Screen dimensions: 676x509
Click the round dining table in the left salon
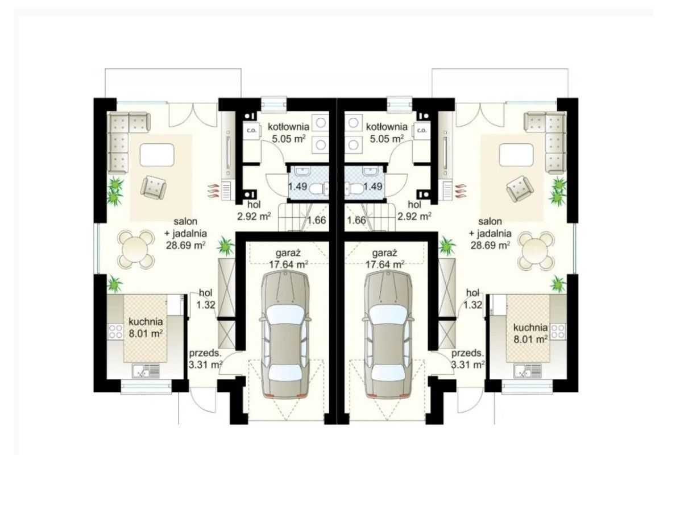pos(136,249)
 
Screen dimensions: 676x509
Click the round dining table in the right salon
pos(536,249)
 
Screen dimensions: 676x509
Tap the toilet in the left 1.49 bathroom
pos(320,188)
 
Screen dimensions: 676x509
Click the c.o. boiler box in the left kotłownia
pos(251,130)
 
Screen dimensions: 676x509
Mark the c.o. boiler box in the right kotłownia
pos(422,130)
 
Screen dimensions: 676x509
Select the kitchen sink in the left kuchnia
pos(146,371)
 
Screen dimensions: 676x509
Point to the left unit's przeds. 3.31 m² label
pos(206,359)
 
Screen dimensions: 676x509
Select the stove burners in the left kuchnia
pos(115,331)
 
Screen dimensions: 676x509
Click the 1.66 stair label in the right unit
pos(356,221)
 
